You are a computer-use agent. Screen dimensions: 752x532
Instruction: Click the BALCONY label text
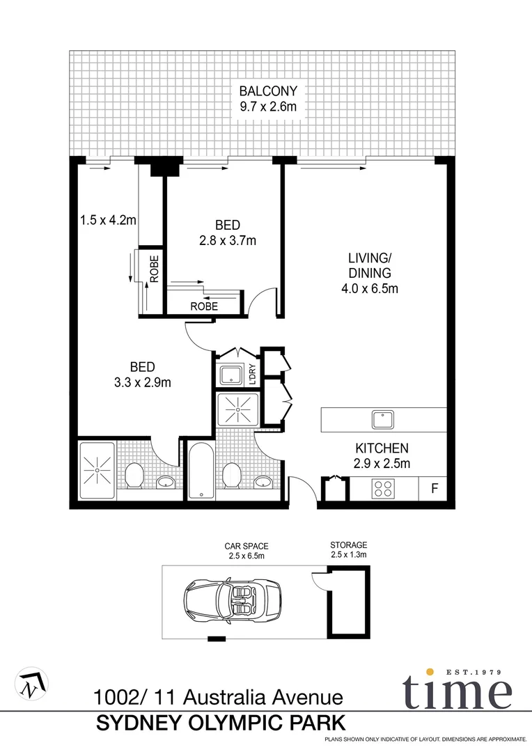click(268, 91)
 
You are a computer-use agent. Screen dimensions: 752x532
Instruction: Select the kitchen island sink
click(382, 420)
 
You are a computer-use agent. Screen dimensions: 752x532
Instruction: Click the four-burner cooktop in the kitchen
click(383, 488)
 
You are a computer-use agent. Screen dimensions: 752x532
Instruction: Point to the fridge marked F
click(433, 488)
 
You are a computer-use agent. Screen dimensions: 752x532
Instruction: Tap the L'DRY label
click(253, 375)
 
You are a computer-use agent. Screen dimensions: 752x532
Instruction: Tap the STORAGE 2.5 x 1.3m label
click(348, 550)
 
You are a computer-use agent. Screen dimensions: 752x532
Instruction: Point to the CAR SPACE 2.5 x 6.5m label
click(246, 551)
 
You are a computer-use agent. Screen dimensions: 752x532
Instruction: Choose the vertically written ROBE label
click(154, 269)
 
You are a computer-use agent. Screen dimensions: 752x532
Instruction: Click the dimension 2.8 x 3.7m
click(227, 241)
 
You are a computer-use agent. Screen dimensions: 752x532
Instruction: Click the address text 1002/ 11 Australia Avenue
click(218, 696)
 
